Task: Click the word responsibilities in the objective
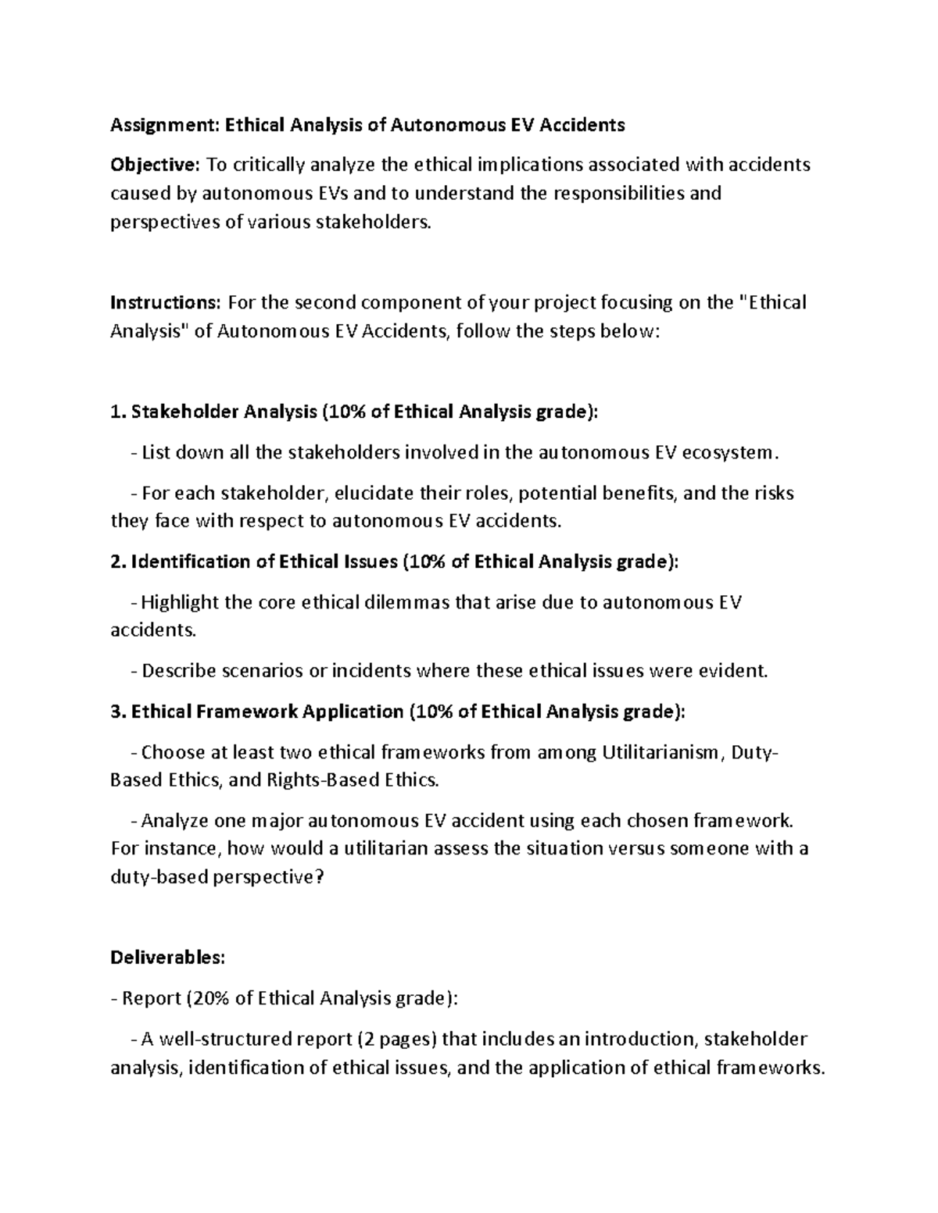click(618, 193)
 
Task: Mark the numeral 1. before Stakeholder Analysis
click(118, 412)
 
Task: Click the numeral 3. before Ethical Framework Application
click(118, 712)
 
